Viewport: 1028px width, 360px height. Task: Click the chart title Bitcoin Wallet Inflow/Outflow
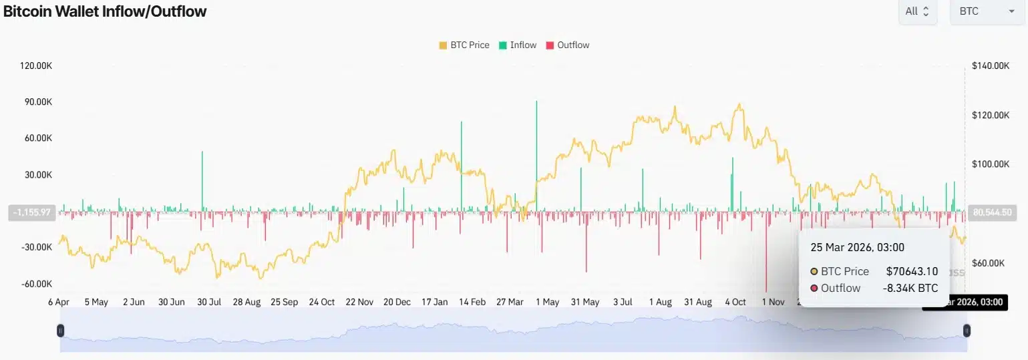point(105,11)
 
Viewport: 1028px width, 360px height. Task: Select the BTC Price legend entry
point(464,45)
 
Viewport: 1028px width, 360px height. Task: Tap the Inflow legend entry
point(518,45)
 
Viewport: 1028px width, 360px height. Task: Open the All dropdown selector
point(918,11)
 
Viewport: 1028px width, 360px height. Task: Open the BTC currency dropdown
point(987,11)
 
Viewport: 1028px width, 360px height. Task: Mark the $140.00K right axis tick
point(991,66)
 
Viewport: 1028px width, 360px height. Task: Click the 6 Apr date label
point(59,302)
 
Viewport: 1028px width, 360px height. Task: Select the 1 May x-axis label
point(547,302)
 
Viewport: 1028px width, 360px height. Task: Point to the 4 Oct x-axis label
point(735,302)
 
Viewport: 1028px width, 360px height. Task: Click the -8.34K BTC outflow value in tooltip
point(910,289)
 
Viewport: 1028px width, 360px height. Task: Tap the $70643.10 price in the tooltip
point(912,271)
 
